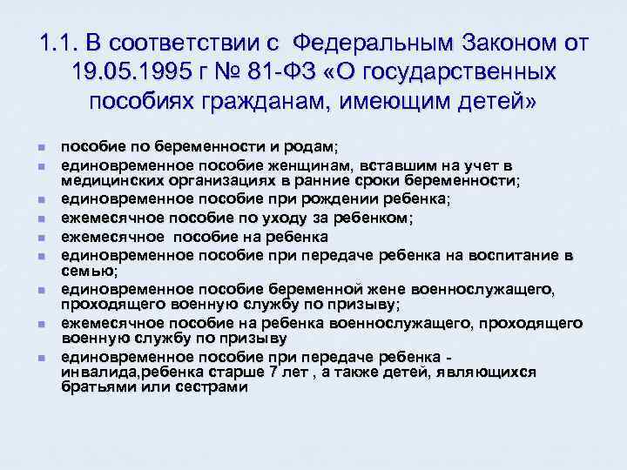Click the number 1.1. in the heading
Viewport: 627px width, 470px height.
(59, 43)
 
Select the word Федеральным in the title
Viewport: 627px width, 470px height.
(377, 43)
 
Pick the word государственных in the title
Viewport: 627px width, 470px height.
(466, 72)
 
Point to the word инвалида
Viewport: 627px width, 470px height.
(97, 373)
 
